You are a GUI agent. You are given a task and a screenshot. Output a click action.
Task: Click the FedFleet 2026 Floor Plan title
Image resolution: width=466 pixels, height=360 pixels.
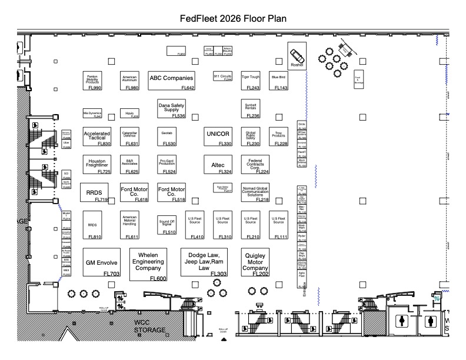pos(233,18)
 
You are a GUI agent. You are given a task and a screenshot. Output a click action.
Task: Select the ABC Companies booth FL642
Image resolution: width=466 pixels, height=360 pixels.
pos(171,80)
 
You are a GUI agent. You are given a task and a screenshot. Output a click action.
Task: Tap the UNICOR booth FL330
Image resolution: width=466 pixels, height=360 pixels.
pos(218,135)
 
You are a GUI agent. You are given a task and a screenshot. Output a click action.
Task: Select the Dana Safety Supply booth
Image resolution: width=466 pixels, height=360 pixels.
pos(171,109)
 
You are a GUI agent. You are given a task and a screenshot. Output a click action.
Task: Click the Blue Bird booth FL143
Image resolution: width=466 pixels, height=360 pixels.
pos(278,80)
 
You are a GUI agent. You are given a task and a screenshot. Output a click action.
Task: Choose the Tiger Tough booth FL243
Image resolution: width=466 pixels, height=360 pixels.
pos(250,80)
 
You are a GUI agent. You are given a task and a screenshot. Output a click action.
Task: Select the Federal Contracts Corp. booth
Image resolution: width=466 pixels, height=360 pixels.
pos(255,165)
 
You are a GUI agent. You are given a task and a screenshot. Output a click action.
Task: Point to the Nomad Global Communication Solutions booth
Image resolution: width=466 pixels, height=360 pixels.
pos(255,193)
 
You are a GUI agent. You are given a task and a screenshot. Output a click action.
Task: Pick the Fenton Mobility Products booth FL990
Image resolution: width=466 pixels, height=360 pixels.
pos(92,81)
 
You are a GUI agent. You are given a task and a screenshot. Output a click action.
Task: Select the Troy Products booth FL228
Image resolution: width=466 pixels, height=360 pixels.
pos(278,136)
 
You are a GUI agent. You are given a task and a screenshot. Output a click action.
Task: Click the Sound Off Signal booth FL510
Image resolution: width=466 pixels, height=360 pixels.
pos(167,226)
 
